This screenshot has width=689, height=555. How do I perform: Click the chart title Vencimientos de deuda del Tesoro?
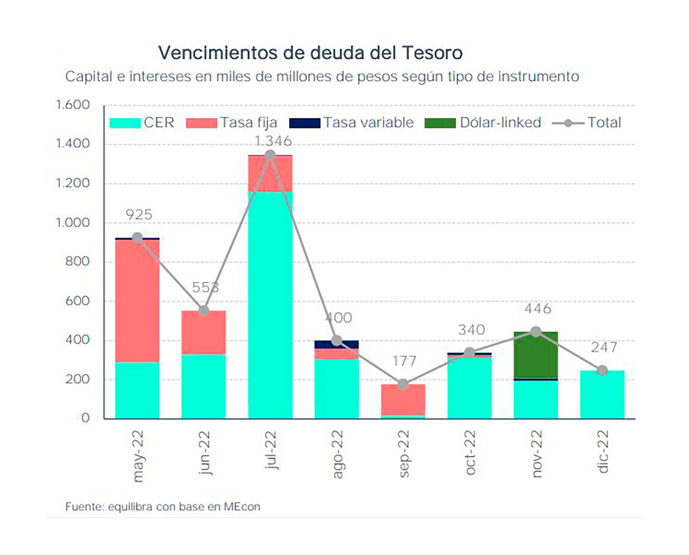310,53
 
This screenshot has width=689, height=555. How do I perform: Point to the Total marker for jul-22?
270,156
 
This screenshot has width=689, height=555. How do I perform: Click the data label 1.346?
273,141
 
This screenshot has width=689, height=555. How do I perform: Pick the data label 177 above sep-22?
404,361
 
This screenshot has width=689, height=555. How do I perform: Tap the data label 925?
139,215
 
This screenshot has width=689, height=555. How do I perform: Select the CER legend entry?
142,123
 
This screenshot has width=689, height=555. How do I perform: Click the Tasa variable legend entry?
352,123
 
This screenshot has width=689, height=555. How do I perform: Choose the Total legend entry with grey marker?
587,123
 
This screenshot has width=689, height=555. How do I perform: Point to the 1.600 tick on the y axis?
72,105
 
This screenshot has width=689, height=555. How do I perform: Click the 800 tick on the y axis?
78,261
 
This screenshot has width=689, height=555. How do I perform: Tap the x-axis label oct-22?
470,453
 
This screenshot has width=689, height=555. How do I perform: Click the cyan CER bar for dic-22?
602,395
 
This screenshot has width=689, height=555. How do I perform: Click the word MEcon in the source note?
242,507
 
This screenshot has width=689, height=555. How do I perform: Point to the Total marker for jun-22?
204,311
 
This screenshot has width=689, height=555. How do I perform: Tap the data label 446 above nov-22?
538,309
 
